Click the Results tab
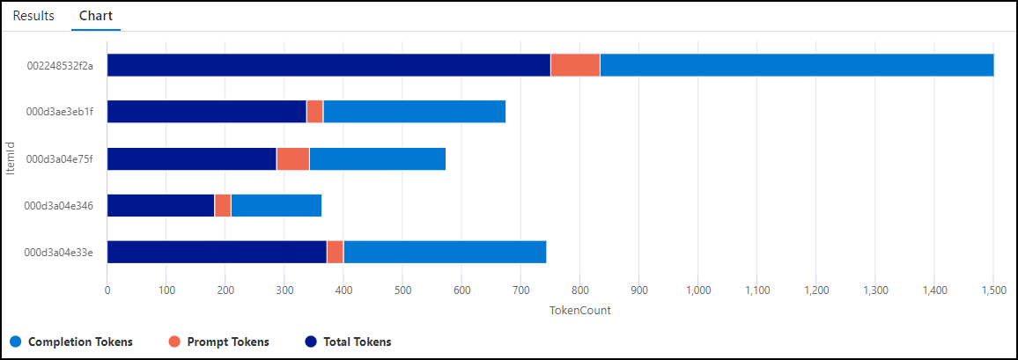pos(33,16)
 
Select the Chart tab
pos(95,16)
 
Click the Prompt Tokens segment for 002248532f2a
pos(575,65)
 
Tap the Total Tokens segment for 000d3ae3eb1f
pos(206,112)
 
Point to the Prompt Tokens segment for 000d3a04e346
pos(222,205)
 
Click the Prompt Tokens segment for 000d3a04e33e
pos(335,252)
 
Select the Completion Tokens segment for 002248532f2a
pos(797,65)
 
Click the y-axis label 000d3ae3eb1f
pos(60,112)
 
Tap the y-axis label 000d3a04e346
pos(60,205)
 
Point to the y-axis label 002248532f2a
pos(60,65)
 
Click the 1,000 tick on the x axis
pos(698,290)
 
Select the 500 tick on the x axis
pos(402,290)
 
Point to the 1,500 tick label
pos(993,290)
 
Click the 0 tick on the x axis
pos(107,290)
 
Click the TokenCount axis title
pos(579,310)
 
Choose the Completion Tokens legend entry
pos(80,342)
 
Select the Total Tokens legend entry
pos(357,342)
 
